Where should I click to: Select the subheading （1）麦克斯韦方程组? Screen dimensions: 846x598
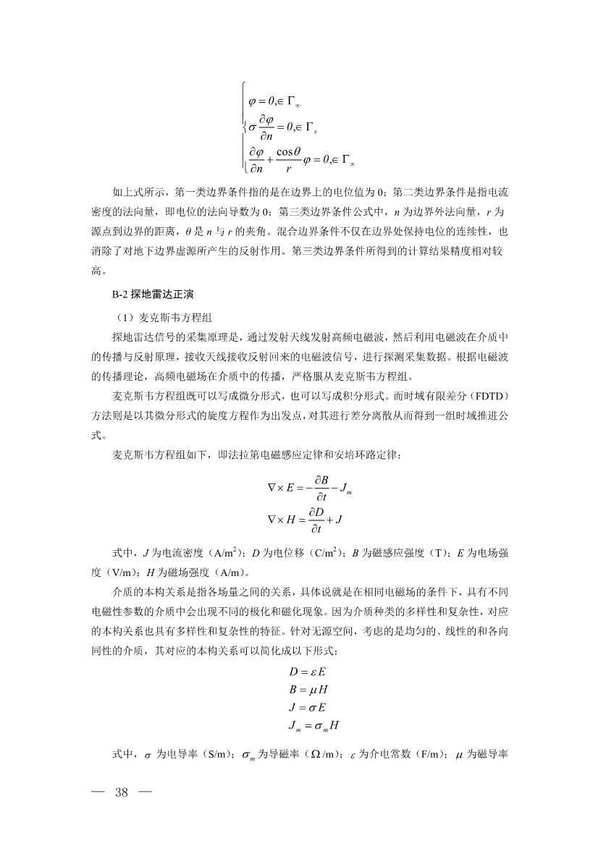coord(159,316)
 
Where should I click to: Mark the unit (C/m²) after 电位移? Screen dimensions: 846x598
coord(329,553)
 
